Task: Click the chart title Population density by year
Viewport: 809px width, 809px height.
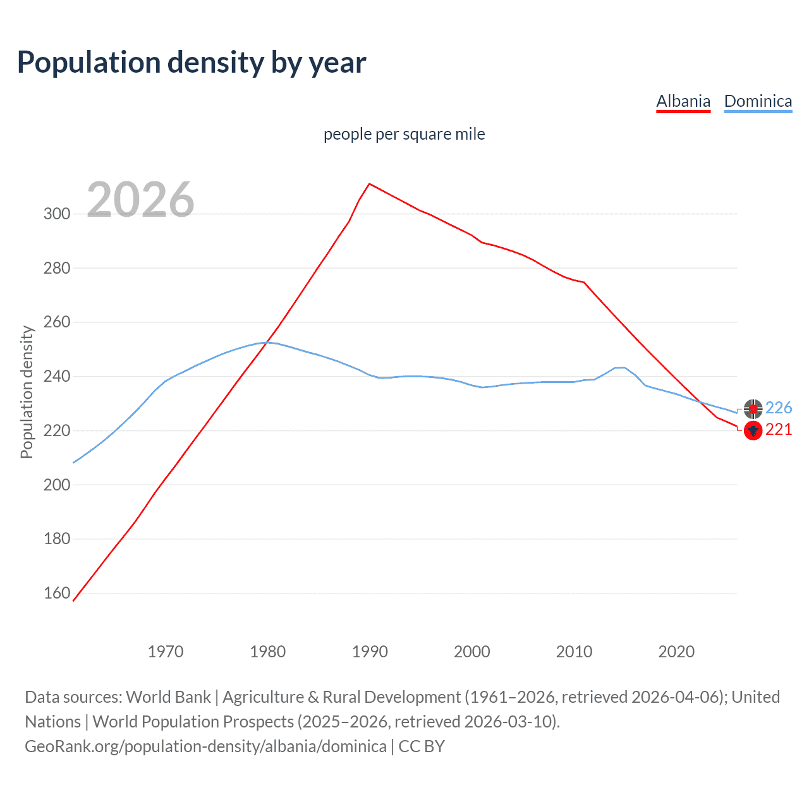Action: pos(192,63)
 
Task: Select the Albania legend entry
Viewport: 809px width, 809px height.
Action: pos(683,101)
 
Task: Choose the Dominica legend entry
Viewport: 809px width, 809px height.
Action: pos(758,101)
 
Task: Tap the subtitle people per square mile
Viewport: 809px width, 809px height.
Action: pos(404,134)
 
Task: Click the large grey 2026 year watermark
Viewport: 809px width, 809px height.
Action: pos(140,200)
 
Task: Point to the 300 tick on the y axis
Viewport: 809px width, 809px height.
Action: pos(57,214)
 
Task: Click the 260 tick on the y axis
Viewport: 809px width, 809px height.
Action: pos(57,322)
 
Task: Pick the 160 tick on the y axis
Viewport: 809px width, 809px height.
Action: pos(57,593)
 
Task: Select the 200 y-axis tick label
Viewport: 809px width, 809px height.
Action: pos(57,485)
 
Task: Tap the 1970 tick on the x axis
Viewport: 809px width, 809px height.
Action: pos(166,652)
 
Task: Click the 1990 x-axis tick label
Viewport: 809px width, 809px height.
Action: pos(370,652)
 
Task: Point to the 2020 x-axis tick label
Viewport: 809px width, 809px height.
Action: pos(676,652)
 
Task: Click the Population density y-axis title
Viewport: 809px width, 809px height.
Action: pos(27,392)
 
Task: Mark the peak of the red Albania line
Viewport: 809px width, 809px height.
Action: pos(370,184)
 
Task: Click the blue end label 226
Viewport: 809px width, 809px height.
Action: pos(779,408)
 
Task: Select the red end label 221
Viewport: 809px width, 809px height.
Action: pos(779,430)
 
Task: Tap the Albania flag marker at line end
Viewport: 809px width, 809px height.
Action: pos(753,431)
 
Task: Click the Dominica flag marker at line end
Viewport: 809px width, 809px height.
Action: pos(753,409)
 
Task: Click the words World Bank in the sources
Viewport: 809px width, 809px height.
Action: pos(168,697)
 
